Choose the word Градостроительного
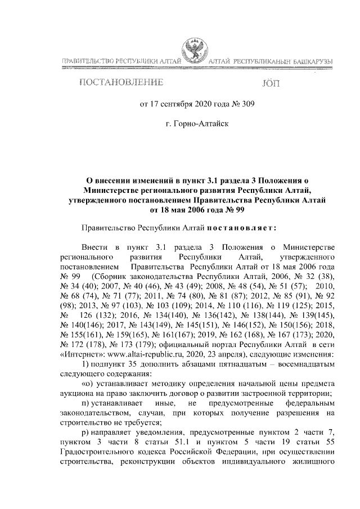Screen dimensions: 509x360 pyautogui.click(x=97, y=451)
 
